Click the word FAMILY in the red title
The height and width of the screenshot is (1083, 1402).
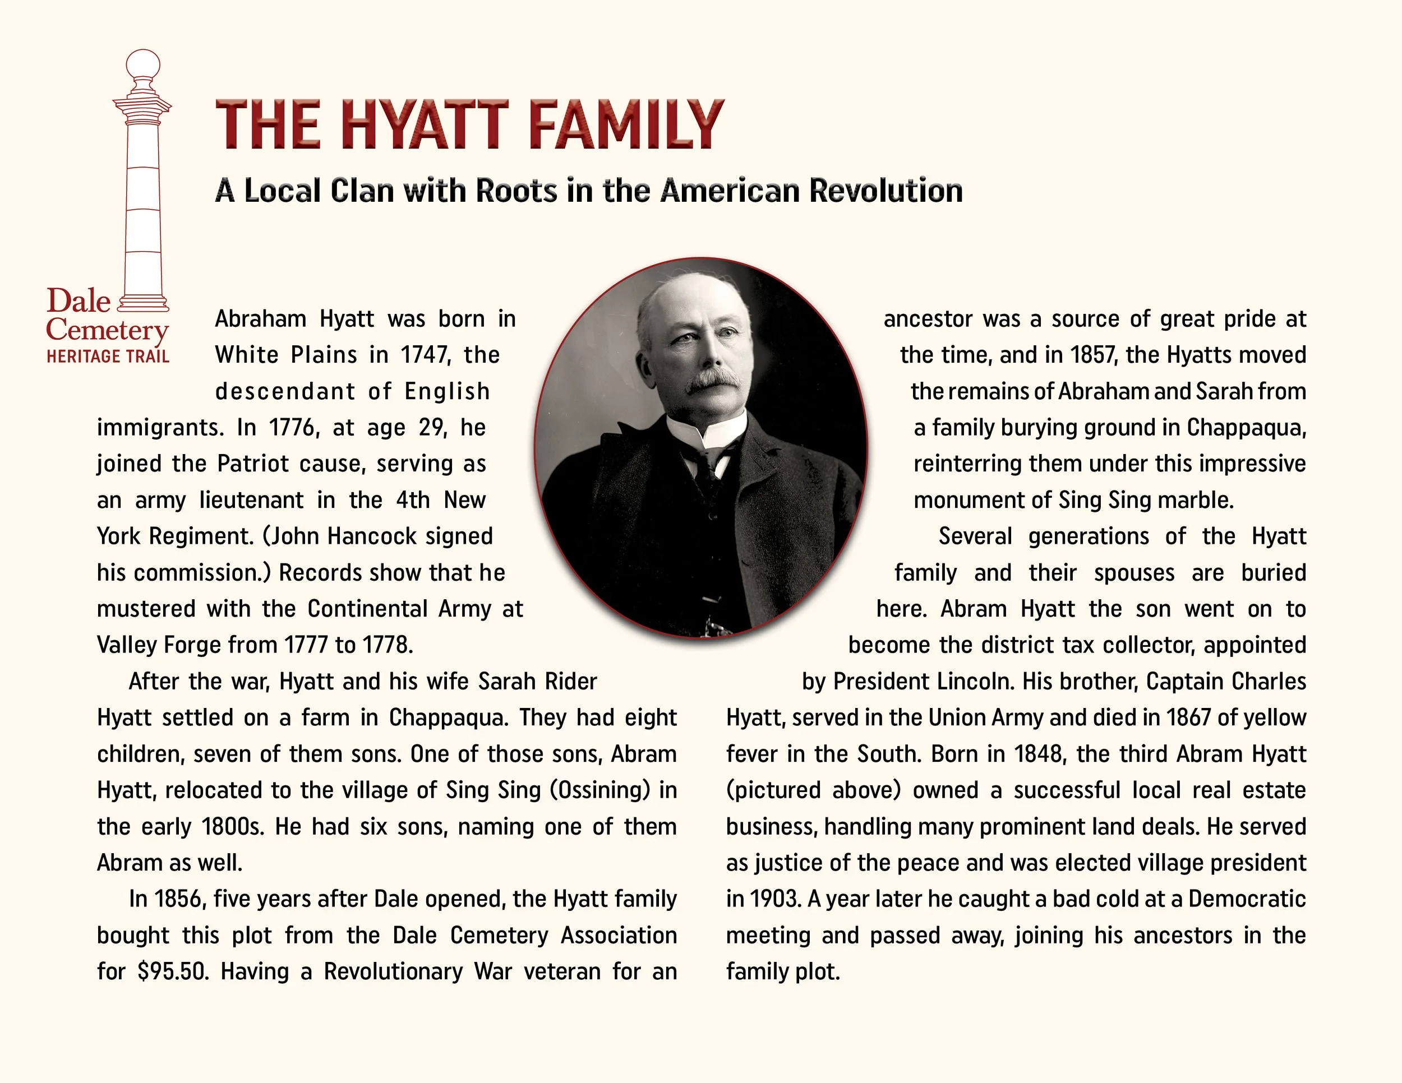[x=626, y=124]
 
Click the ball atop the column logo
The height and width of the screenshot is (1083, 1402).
[x=142, y=65]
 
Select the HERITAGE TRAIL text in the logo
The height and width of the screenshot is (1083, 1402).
[x=108, y=356]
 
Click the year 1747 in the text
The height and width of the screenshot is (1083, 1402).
[x=423, y=355]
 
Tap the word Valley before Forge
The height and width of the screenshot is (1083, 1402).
[x=127, y=645]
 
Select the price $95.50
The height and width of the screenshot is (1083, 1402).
[x=173, y=971]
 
